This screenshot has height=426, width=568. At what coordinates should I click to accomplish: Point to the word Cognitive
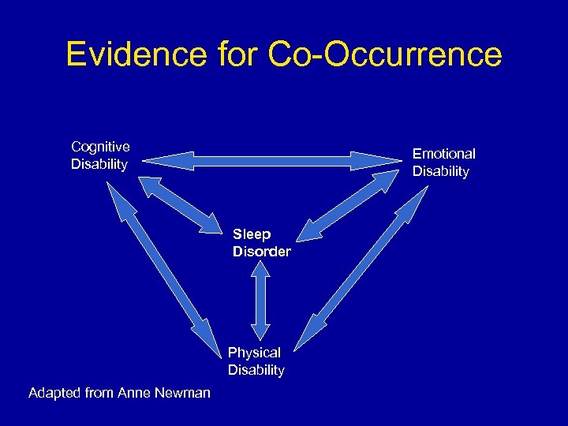100,146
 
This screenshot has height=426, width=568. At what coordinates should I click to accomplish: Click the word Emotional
443,154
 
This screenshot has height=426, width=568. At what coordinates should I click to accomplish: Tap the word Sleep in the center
252,234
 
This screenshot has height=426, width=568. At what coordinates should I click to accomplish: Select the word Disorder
261,252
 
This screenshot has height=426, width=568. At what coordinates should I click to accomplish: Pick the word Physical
254,353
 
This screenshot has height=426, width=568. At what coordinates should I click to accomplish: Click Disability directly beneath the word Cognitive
99,164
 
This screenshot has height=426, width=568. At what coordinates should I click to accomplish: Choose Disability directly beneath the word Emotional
440,171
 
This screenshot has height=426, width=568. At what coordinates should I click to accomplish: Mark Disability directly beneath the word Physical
256,370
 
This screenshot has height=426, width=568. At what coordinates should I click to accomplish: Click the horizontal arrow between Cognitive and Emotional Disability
271,162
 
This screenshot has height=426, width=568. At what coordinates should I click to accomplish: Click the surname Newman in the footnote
185,392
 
